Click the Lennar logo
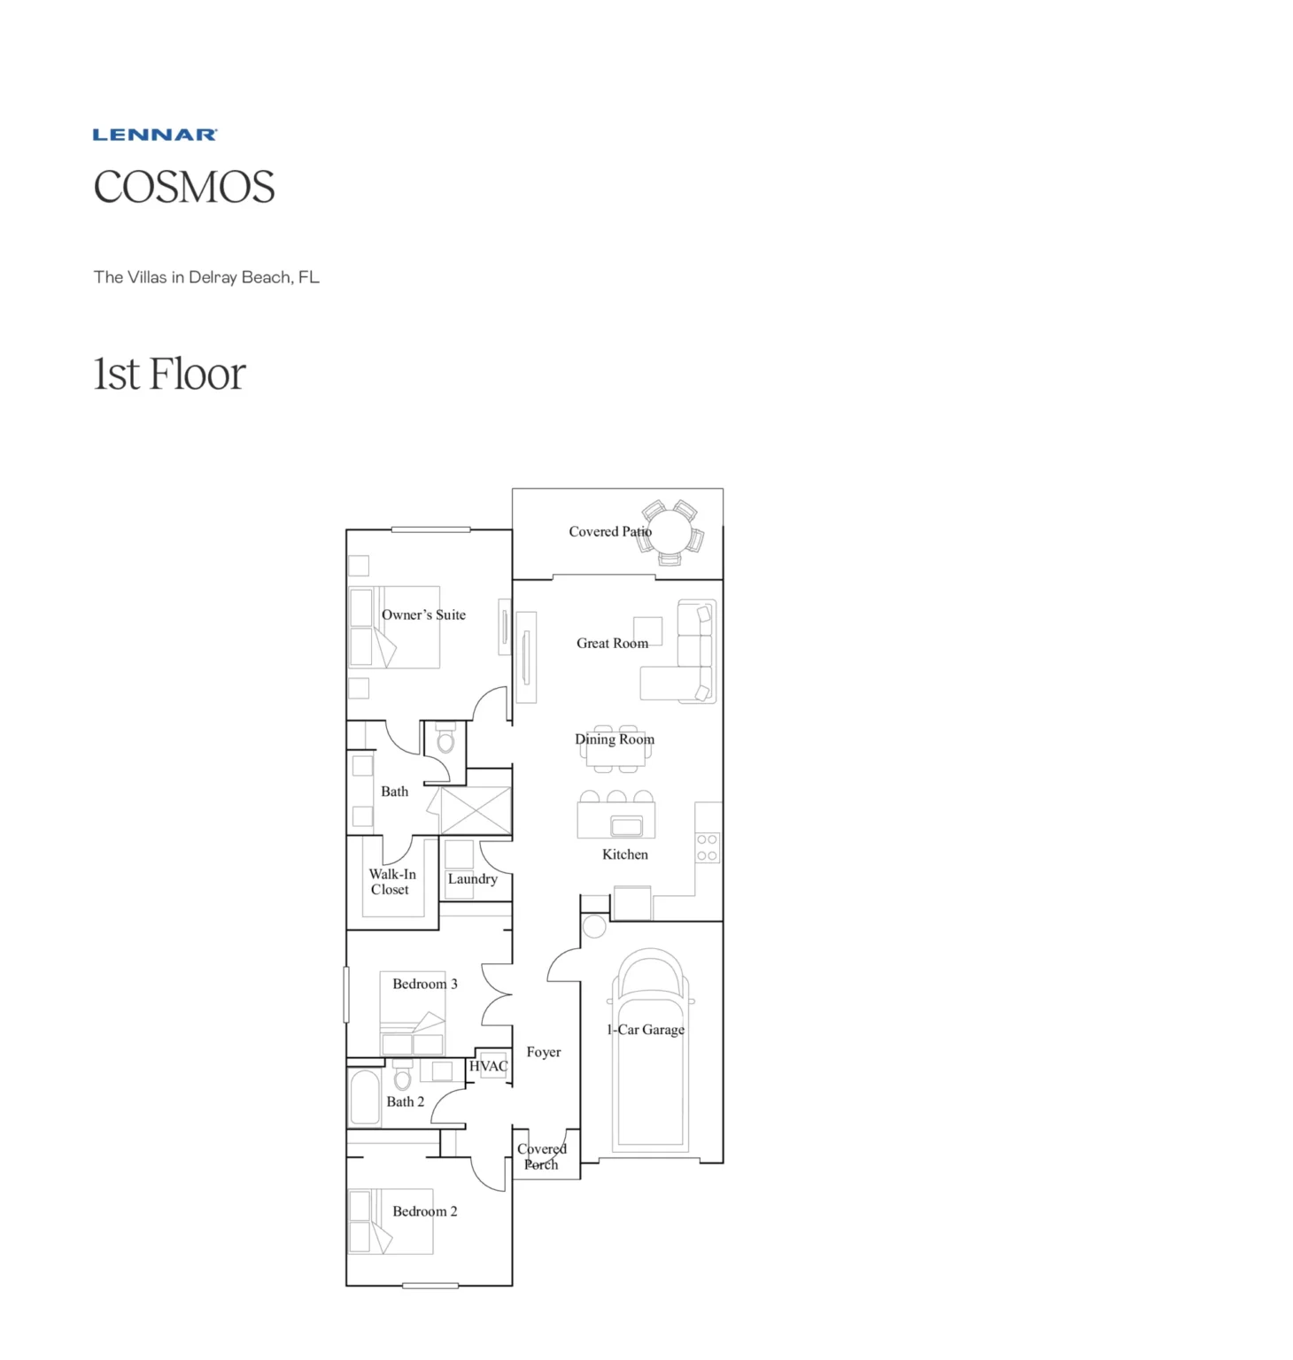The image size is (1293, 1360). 155,135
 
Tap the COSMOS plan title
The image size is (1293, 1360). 184,188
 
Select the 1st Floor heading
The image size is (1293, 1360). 169,374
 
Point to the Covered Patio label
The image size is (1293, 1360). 609,531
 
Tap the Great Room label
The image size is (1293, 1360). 612,644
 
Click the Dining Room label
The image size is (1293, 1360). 615,739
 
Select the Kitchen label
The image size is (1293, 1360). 625,854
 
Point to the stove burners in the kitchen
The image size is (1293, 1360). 707,847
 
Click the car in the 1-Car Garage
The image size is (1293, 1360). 651,1054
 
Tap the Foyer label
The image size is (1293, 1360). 544,1052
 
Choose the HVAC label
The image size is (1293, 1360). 489,1066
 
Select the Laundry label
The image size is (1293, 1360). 472,879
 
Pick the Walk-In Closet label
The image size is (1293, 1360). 391,882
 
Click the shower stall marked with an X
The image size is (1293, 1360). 476,809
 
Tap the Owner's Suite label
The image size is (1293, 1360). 423,614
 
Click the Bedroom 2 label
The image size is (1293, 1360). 425,1211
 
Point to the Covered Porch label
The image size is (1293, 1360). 541,1156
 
